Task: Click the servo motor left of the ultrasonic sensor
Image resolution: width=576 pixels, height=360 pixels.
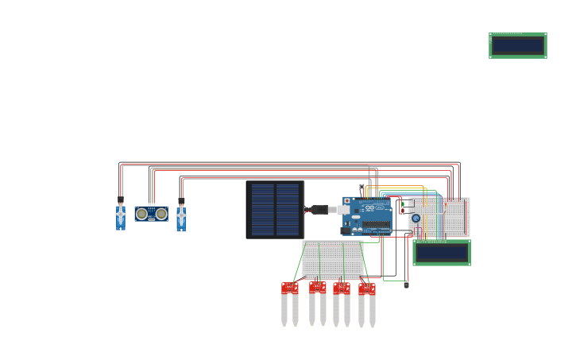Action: coord(121,216)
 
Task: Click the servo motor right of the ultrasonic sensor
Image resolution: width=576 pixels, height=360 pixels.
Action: coord(181,217)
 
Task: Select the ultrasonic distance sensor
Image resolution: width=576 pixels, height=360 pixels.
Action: coord(151,214)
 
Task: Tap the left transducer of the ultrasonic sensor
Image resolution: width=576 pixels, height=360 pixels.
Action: coord(141,214)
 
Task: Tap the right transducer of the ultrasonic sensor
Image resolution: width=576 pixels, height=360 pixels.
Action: coord(161,214)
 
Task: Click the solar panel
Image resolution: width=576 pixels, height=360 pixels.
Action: coord(275,210)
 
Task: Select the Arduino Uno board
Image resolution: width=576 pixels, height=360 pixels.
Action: coord(368,216)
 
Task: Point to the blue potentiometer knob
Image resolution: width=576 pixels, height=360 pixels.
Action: coord(416,218)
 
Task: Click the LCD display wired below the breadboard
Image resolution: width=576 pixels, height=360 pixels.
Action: coord(442,253)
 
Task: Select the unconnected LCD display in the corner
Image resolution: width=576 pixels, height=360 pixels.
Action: coord(517,45)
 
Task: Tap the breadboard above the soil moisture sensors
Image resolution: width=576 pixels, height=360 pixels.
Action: coord(332,259)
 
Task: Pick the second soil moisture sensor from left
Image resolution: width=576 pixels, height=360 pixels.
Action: coord(318,302)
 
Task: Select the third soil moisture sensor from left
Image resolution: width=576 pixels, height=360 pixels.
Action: coord(342,303)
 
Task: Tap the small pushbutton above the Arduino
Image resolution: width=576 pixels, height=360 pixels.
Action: coord(361,187)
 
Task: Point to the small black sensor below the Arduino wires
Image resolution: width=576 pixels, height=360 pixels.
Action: coord(406,285)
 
